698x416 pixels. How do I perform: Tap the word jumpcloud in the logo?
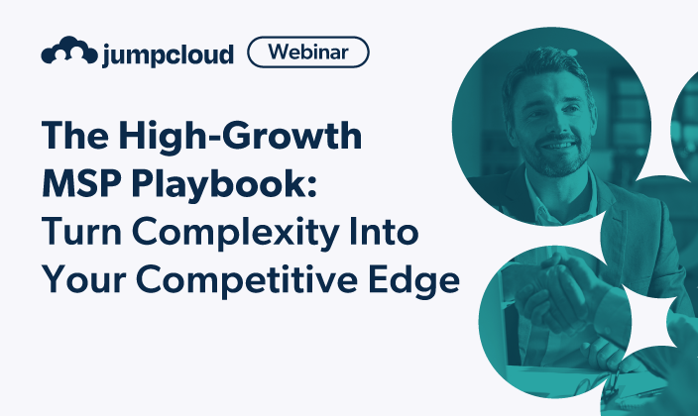[x=167, y=53]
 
